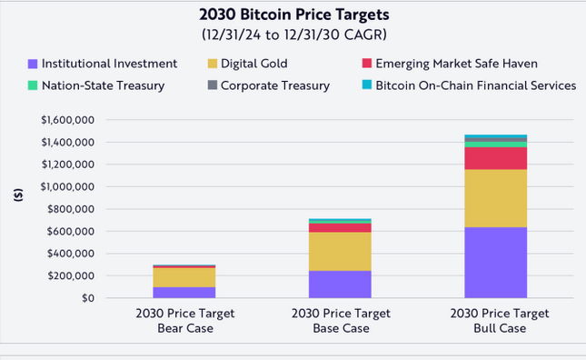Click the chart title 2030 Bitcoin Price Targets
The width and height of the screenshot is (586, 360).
pos(294,15)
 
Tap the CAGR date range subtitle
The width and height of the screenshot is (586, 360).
pos(294,35)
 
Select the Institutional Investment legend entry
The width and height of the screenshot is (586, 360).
pos(103,64)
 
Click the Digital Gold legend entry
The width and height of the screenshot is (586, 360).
pos(248,64)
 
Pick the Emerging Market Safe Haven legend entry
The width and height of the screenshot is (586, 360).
pos(450,64)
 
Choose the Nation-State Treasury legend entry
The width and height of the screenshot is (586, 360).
pos(96,85)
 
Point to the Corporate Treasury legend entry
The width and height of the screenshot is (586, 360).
pos(269,85)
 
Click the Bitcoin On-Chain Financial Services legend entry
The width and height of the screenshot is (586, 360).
pos(469,85)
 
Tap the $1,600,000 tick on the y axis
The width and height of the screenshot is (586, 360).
pos(67,120)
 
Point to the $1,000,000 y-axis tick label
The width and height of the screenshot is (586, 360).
pos(67,186)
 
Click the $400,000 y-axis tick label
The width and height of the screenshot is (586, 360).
pos(71,254)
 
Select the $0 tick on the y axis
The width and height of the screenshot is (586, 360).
pos(88,298)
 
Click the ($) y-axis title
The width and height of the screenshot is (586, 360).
pos(18,195)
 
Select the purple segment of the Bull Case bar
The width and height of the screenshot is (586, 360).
pos(495,263)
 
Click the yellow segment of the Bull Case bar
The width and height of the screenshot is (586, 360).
pos(495,198)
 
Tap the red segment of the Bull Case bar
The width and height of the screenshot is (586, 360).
pos(495,158)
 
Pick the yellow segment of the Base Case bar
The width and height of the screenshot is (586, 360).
pos(340,252)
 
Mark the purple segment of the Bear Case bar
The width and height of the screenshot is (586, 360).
pos(184,293)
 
